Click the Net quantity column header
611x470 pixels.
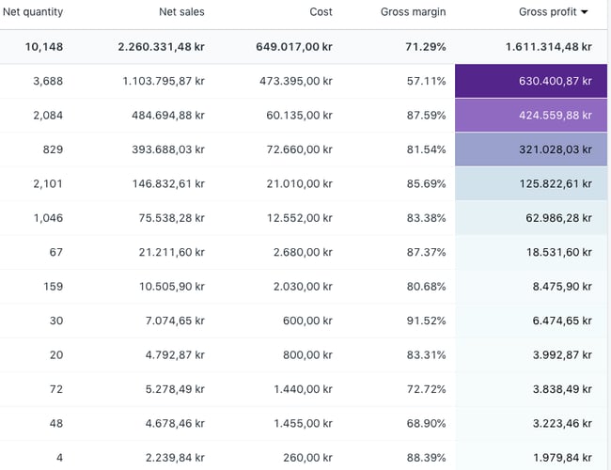click(33, 12)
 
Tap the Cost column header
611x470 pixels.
click(321, 12)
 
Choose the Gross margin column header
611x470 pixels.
click(413, 12)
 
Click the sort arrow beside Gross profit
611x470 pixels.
click(585, 12)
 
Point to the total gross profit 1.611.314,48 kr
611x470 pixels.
click(548, 46)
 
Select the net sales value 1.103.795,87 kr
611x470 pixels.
click(163, 81)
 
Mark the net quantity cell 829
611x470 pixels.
click(53, 149)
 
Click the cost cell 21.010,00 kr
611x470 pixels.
click(299, 183)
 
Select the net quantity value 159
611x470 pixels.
click(53, 286)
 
